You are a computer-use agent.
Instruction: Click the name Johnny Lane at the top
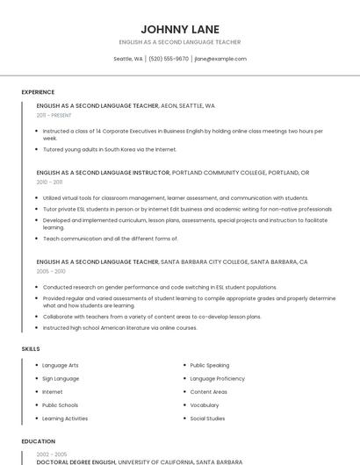point(180,29)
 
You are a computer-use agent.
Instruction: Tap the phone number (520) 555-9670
point(169,59)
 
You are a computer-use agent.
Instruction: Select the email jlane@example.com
point(220,59)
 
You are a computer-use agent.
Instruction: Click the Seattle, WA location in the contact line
point(128,59)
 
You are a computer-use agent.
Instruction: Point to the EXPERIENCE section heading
point(38,92)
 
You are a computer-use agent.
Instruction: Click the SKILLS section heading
point(31,349)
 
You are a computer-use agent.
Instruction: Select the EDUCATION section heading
point(38,441)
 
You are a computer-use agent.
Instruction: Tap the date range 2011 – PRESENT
point(54,115)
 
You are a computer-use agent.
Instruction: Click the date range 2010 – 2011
point(49,182)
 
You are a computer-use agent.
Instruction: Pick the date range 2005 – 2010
point(50,271)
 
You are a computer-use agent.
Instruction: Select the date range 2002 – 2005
point(50,454)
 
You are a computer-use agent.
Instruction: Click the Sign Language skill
point(61,378)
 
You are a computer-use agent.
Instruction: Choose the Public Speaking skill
point(209,365)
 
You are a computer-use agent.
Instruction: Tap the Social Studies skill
point(207,418)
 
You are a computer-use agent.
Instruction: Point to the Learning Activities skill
point(65,418)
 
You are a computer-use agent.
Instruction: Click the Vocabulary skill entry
point(205,405)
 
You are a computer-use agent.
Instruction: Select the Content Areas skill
point(208,391)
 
